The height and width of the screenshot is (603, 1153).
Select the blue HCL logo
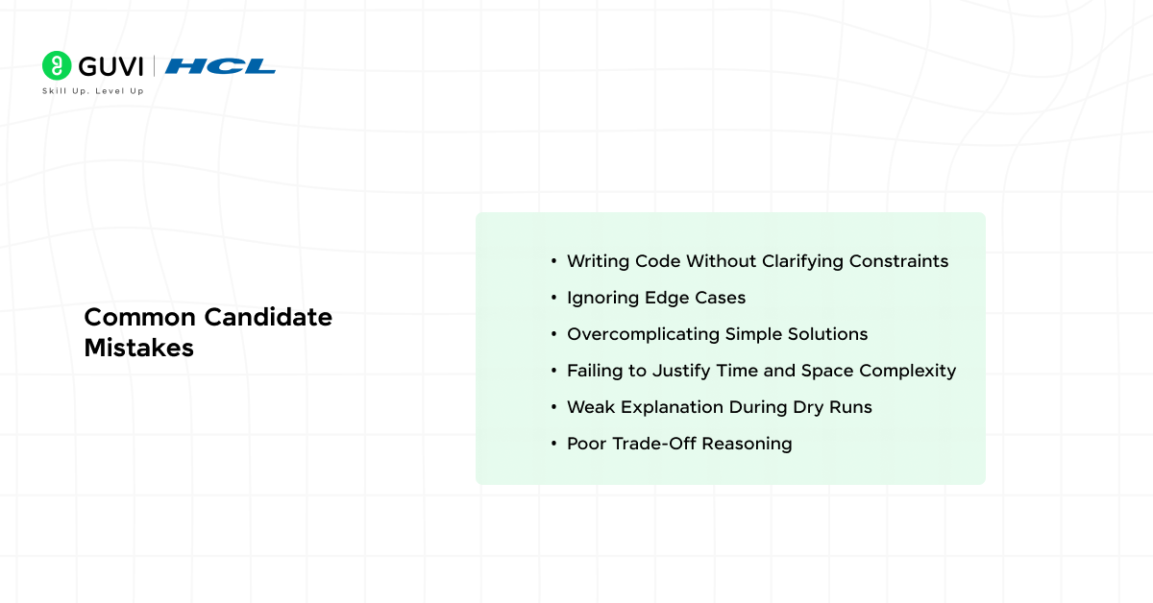point(220,66)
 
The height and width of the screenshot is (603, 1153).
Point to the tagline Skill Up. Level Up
point(93,91)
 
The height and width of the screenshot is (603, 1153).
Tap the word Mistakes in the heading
point(139,349)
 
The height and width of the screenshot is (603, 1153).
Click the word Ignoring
point(601,298)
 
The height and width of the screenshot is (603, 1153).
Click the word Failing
point(594,371)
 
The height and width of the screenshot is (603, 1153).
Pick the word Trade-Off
point(653,444)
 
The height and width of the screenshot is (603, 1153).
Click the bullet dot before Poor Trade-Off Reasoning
point(553,444)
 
